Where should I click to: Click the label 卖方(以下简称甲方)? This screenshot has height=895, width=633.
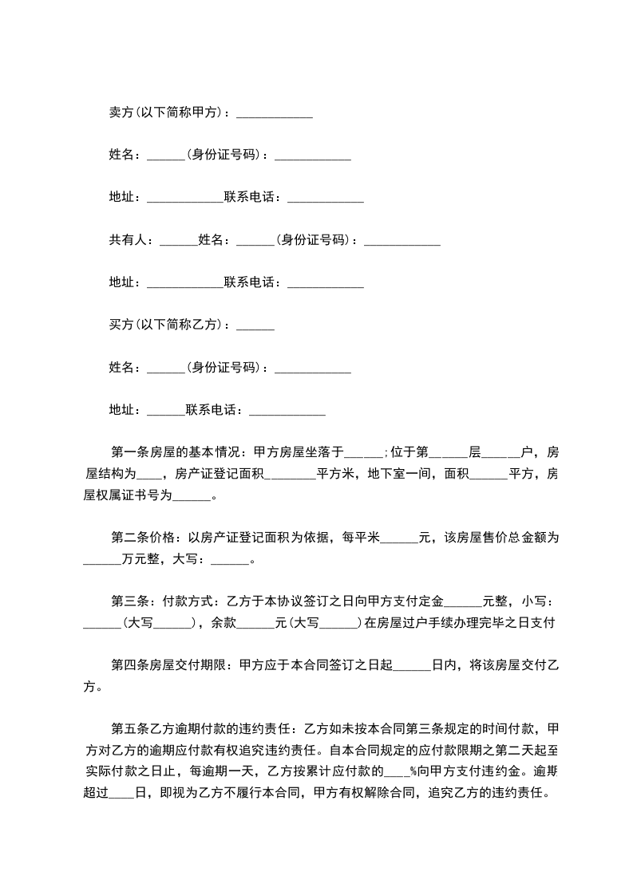(x=167, y=112)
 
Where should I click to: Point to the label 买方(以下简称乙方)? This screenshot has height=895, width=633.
(x=167, y=325)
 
